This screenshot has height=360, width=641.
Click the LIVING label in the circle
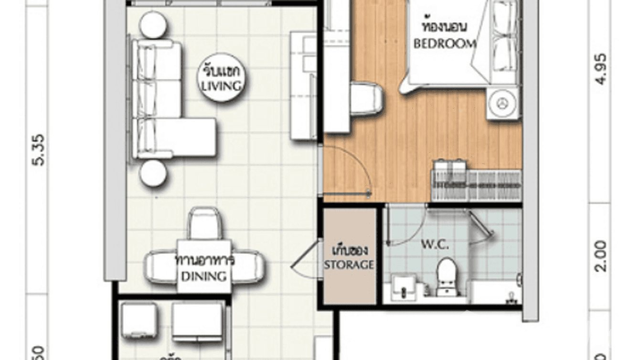[x=220, y=86]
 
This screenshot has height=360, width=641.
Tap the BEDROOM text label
[x=444, y=44]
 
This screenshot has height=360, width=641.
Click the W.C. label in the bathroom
[x=434, y=246]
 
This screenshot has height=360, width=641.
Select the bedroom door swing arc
[x=353, y=167]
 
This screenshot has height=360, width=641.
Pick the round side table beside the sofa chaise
[x=152, y=173]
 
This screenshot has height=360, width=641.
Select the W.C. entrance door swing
[x=406, y=227]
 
